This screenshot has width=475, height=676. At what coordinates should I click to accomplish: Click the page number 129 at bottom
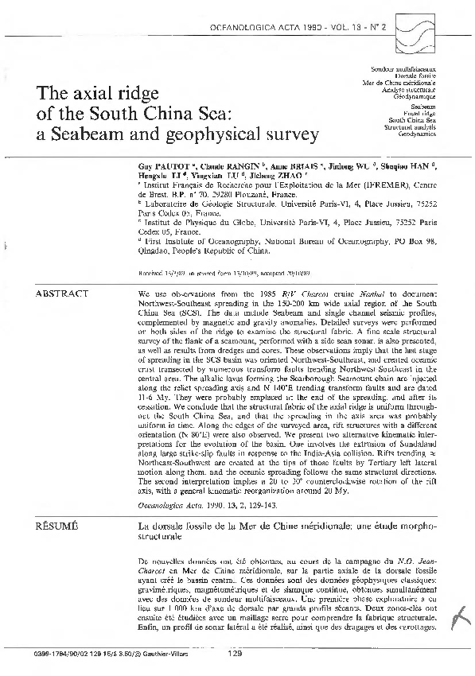point(235,655)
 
